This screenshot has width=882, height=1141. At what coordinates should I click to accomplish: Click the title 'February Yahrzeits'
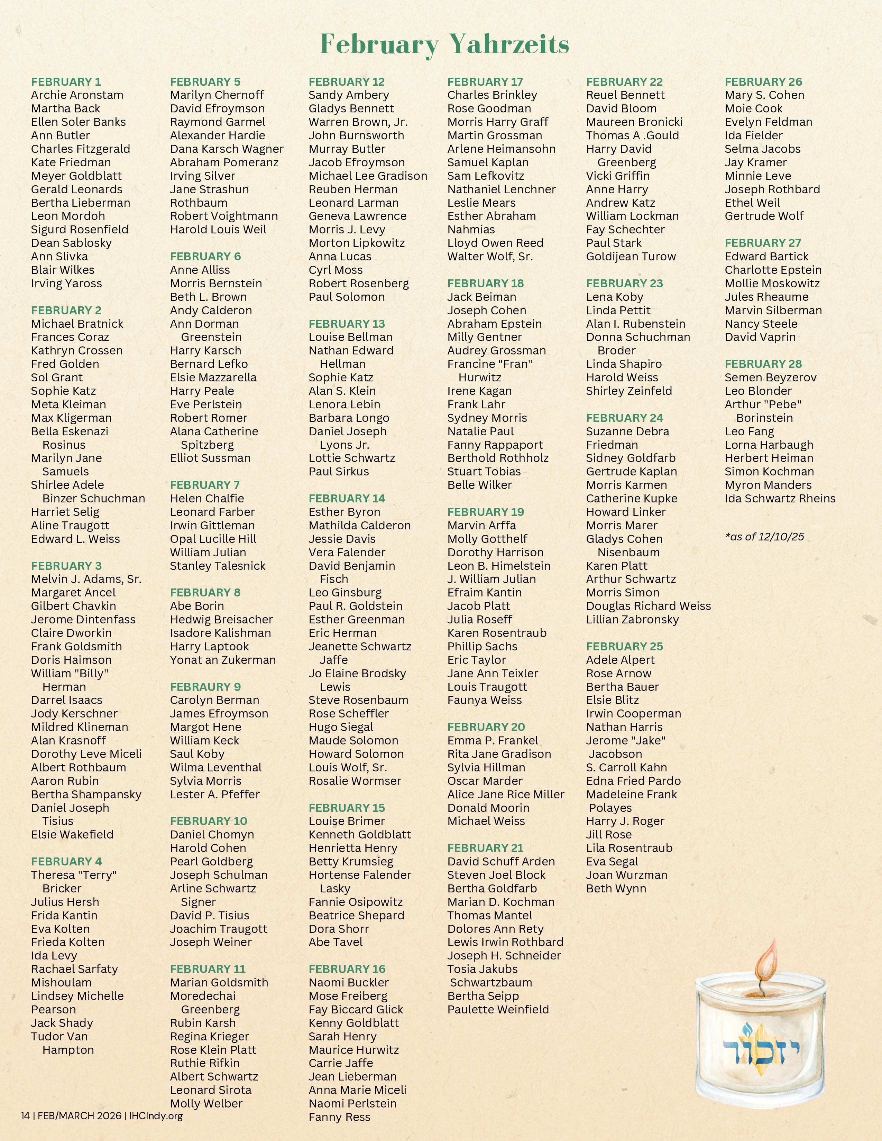[x=444, y=44]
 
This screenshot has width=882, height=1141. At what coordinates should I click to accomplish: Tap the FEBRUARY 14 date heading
[x=347, y=498]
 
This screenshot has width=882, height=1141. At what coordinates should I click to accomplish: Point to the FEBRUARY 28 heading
[x=763, y=364]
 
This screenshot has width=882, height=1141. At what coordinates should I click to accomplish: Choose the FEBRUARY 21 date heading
[x=485, y=848]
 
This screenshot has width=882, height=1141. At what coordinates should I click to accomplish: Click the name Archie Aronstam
[x=77, y=95]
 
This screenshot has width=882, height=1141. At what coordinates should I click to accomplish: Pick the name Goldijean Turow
[x=631, y=257]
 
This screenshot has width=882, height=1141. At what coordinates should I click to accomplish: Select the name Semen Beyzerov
[x=770, y=378]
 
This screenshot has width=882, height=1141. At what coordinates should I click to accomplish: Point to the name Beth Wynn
[x=616, y=888]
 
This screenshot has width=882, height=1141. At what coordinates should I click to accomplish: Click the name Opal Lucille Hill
[x=213, y=539]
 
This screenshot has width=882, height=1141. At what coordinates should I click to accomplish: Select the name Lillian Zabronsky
[x=632, y=620]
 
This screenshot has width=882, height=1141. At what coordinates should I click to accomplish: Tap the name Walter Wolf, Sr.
[x=489, y=257]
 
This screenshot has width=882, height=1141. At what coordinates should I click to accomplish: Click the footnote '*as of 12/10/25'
[x=764, y=537]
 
